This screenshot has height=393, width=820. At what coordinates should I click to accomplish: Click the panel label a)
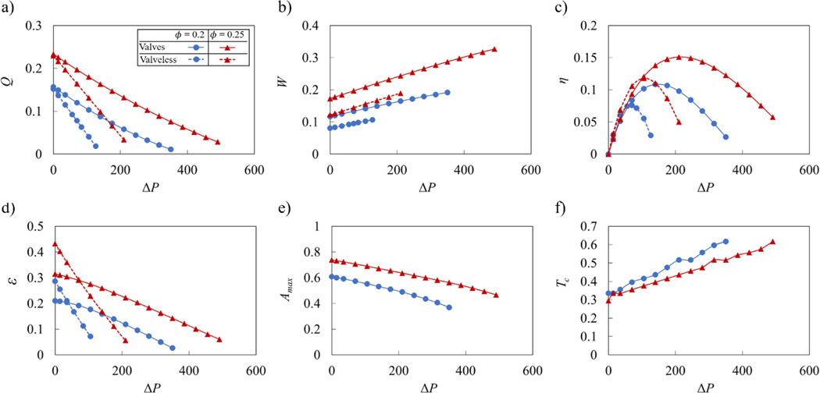tap(7, 9)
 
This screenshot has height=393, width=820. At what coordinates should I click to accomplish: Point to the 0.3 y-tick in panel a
tap(35, 26)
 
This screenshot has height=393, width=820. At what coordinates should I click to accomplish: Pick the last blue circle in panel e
tap(449, 307)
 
